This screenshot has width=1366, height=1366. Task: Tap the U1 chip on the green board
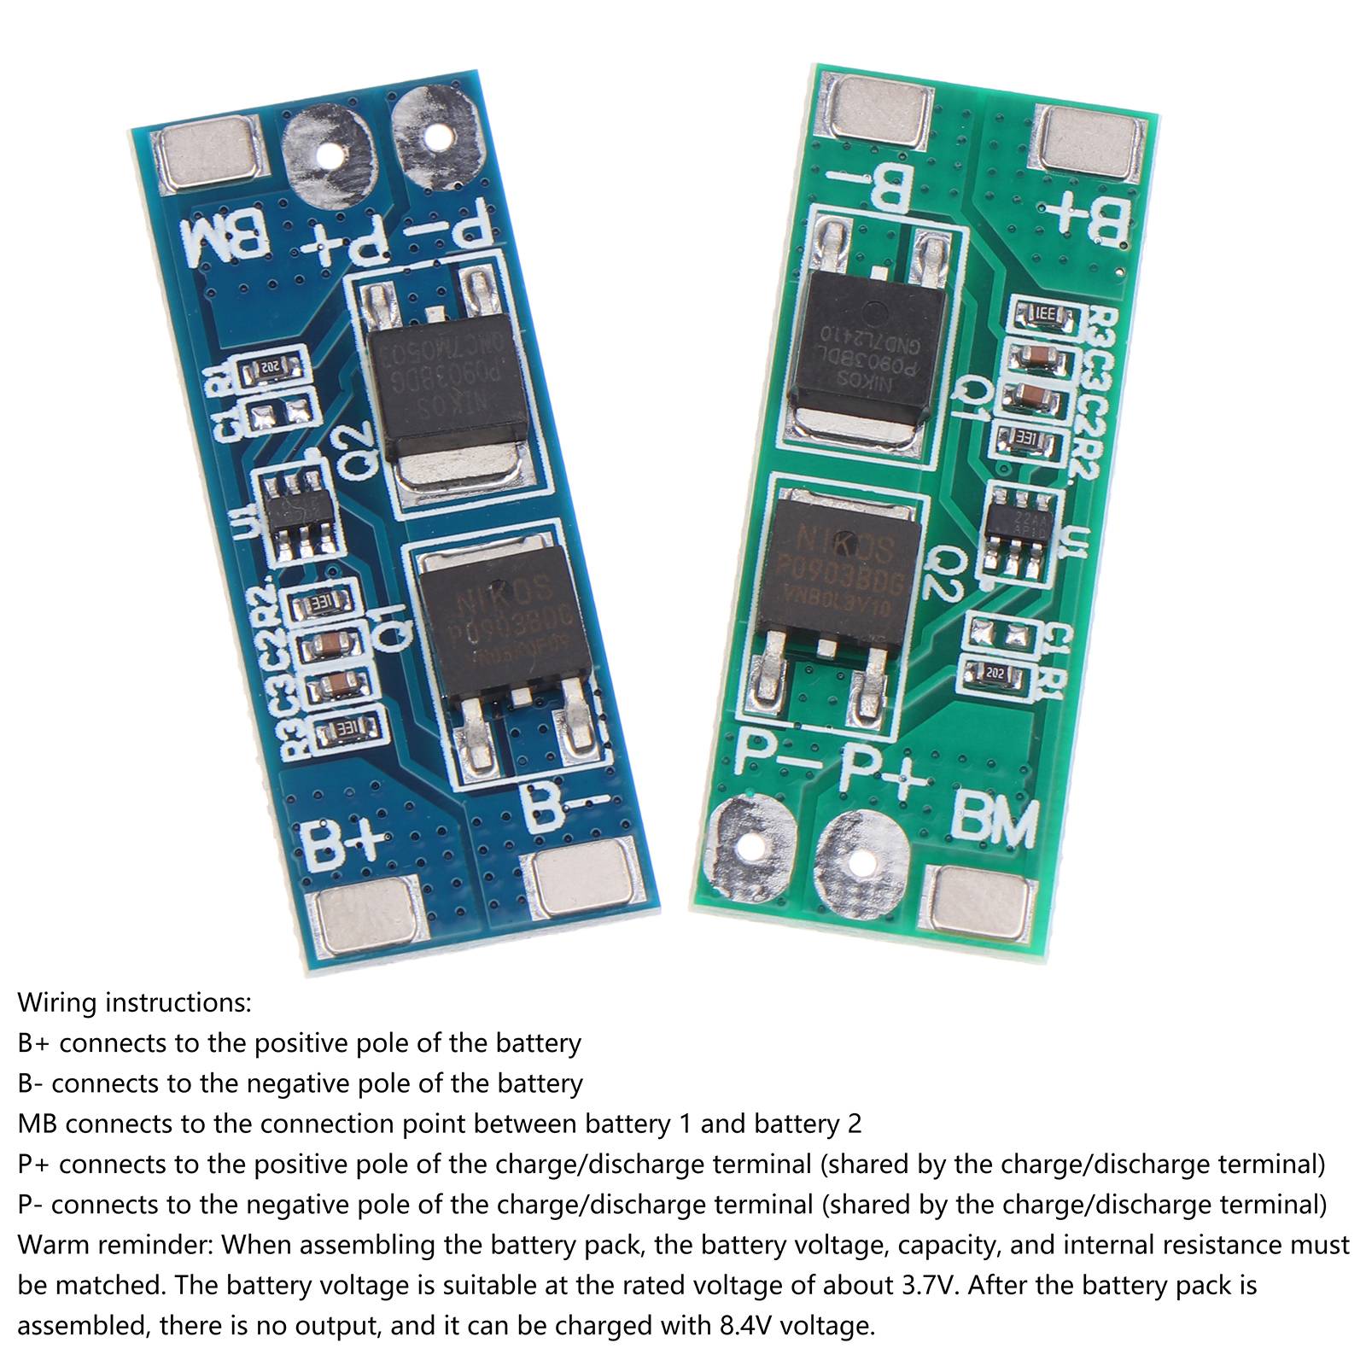1019,528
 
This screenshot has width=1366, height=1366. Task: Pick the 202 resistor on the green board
995,674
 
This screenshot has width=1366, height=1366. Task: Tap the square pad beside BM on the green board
982,901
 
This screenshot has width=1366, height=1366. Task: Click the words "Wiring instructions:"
135,1002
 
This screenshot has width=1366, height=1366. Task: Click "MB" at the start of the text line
38,1124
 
